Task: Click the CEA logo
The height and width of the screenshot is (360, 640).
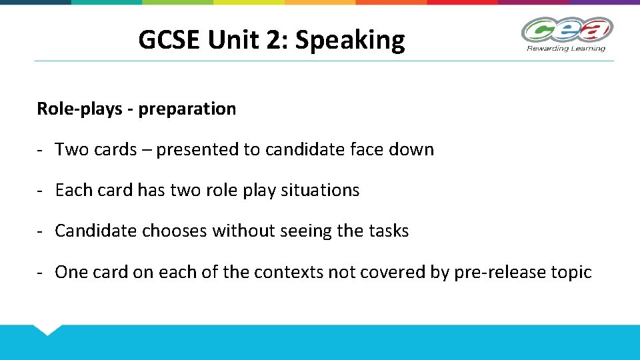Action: pos(567,30)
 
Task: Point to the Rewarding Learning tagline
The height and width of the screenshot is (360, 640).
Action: pos(566,48)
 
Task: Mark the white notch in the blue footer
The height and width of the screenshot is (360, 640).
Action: pos(48,329)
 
